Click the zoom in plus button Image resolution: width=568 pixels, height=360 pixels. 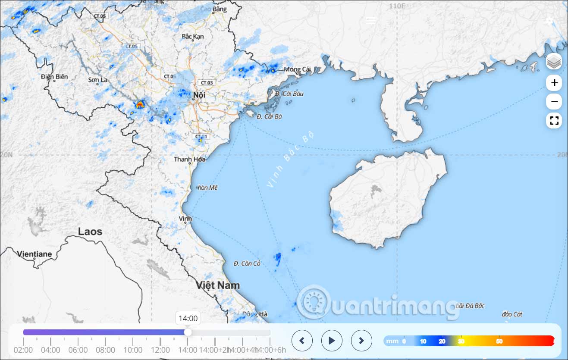pyautogui.click(x=554, y=83)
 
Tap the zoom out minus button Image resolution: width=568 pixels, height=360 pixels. pyautogui.click(x=554, y=102)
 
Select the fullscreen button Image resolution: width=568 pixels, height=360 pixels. pyautogui.click(x=554, y=121)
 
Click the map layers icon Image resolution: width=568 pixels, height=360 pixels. pyautogui.click(x=554, y=62)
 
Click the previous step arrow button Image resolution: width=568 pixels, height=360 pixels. pyautogui.click(x=302, y=341)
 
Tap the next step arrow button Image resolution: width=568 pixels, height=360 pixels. pyautogui.click(x=361, y=341)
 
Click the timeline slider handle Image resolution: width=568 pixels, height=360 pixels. pyautogui.click(x=188, y=332)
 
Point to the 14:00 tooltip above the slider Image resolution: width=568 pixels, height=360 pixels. pyautogui.click(x=188, y=319)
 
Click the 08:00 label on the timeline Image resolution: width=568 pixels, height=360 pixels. pyautogui.click(x=105, y=350)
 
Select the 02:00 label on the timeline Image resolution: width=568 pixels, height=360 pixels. pyautogui.click(x=23, y=350)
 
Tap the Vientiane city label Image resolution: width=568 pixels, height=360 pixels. pyautogui.click(x=35, y=254)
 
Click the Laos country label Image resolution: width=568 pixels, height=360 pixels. pyautogui.click(x=90, y=232)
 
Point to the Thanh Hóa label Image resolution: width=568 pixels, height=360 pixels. pyautogui.click(x=190, y=159)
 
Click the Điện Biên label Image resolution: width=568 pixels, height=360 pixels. pyautogui.click(x=55, y=77)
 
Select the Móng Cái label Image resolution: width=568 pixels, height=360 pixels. pyautogui.click(x=297, y=69)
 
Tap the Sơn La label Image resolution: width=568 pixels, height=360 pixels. pyautogui.click(x=98, y=80)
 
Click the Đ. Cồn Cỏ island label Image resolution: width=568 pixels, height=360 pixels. pyautogui.click(x=247, y=263)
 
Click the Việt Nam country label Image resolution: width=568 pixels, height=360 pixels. pyautogui.click(x=218, y=285)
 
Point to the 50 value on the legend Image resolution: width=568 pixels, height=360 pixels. pyautogui.click(x=499, y=341)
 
